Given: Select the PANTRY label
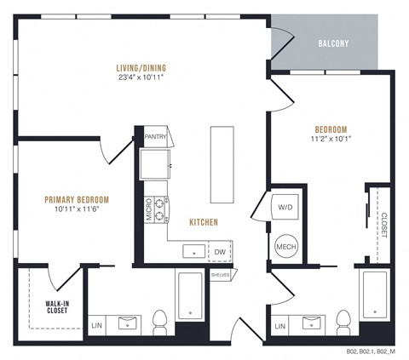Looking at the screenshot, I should click(x=155, y=135).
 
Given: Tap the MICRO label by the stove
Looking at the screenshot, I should click(x=148, y=210).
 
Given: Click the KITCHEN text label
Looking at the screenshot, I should click(x=204, y=222).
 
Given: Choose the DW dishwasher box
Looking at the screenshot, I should click(x=220, y=252).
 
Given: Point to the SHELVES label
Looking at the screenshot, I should click(x=220, y=275).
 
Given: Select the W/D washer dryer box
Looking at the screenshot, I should click(x=284, y=207).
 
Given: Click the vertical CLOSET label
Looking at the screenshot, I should click(x=383, y=224).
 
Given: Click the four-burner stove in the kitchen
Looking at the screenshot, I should click(x=158, y=209).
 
